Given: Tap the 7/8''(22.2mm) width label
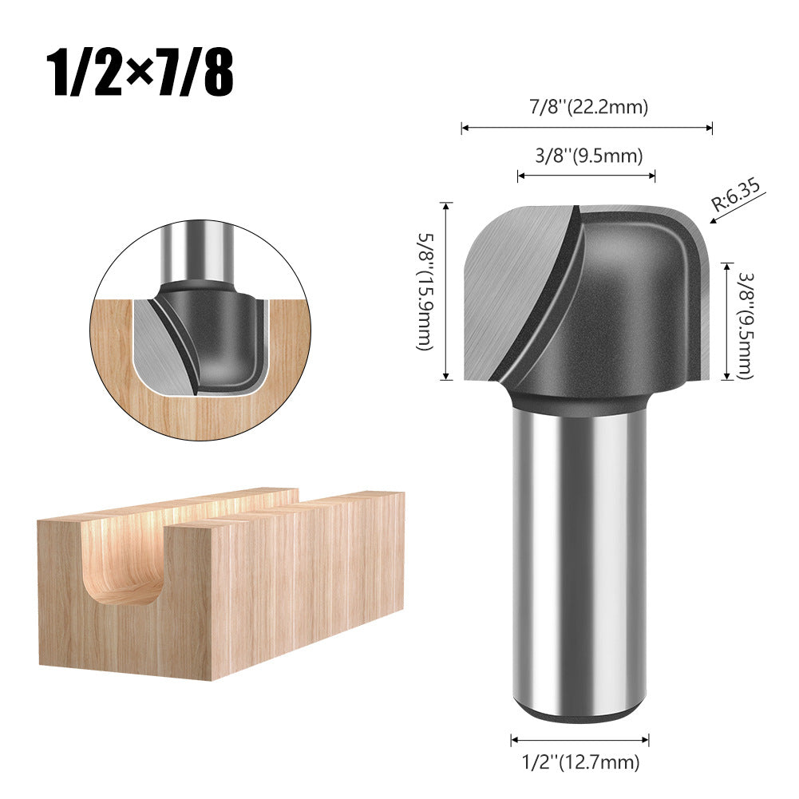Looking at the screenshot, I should pos(586,107).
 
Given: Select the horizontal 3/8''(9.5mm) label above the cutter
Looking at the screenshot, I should pos(586,156).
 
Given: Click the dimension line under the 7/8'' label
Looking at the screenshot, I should pos(586,127).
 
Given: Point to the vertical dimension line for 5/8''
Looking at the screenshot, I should pos(446,291).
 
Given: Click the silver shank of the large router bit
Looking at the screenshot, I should pos(579,559).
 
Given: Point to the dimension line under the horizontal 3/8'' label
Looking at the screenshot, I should pos(586,176).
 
